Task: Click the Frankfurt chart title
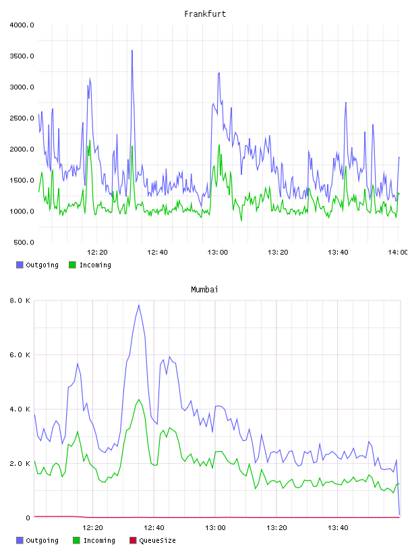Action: pyautogui.click(x=205, y=14)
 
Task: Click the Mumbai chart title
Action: pyautogui.click(x=204, y=289)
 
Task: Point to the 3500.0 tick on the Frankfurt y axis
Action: pyautogui.click(x=22, y=56)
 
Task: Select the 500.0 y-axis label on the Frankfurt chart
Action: pyautogui.click(x=24, y=242)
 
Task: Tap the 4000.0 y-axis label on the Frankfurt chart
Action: pyautogui.click(x=22, y=25)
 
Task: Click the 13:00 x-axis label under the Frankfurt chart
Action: pyautogui.click(x=218, y=252)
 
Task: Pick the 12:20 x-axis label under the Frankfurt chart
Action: pyautogui.click(x=97, y=252)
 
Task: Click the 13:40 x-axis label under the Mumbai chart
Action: pyautogui.click(x=338, y=527)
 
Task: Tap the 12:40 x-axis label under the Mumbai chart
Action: pyautogui.click(x=154, y=527)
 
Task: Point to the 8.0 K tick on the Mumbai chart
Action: pyautogui.click(x=20, y=300)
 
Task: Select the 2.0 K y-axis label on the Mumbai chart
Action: pyautogui.click(x=20, y=463)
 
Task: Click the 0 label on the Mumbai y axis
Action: pyautogui.click(x=28, y=518)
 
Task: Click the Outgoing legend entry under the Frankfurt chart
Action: pyautogui.click(x=37, y=265)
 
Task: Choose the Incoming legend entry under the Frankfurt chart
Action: pyautogui.click(x=90, y=265)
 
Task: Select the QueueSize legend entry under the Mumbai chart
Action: pyautogui.click(x=152, y=540)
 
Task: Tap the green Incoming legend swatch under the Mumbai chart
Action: pyautogui.click(x=76, y=540)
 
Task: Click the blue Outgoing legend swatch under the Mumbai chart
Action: pyautogui.click(x=20, y=540)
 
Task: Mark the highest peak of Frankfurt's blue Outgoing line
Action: pyautogui.click(x=132, y=50)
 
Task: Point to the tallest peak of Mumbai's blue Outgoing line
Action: pyautogui.click(x=139, y=305)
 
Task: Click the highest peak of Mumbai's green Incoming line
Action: pyautogui.click(x=139, y=399)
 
